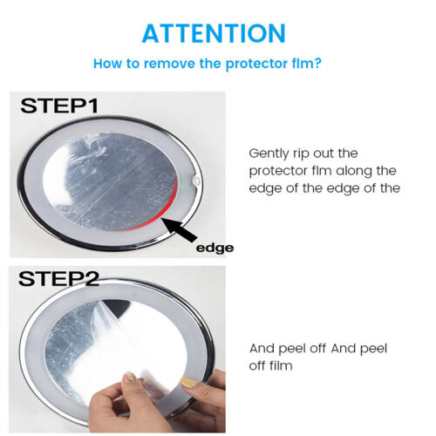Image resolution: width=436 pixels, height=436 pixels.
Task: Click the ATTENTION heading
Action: point(214,33)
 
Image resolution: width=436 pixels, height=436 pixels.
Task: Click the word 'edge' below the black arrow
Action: point(215,248)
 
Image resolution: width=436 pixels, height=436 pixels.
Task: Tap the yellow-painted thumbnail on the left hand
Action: point(127,378)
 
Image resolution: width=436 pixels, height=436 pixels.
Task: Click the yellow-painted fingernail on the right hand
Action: point(187,382)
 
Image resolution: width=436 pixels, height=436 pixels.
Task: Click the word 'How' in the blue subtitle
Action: point(108,64)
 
